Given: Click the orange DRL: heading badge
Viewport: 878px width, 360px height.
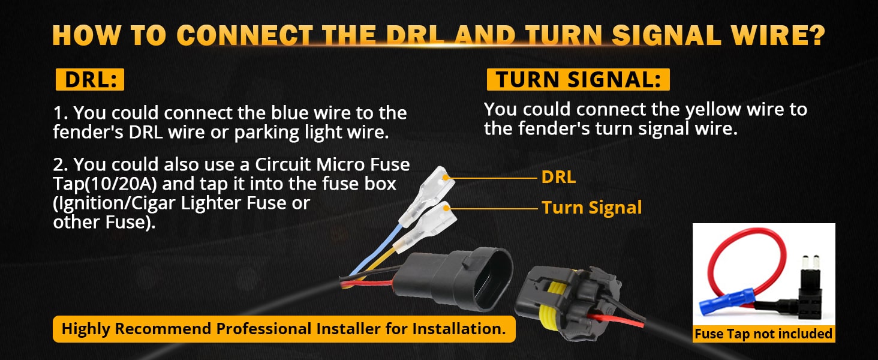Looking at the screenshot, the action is tap(90, 80).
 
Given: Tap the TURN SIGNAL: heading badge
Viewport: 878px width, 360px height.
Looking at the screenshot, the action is tap(578, 80).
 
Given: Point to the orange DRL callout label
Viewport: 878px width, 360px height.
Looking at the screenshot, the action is tap(558, 177).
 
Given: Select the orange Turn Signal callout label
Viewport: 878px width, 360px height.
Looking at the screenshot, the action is tap(591, 208).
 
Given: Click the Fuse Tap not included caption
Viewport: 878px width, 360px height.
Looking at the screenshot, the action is tap(763, 334).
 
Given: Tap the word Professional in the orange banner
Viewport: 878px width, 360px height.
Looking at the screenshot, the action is tap(263, 329).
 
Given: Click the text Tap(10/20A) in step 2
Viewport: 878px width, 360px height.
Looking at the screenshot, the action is tap(105, 184).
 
